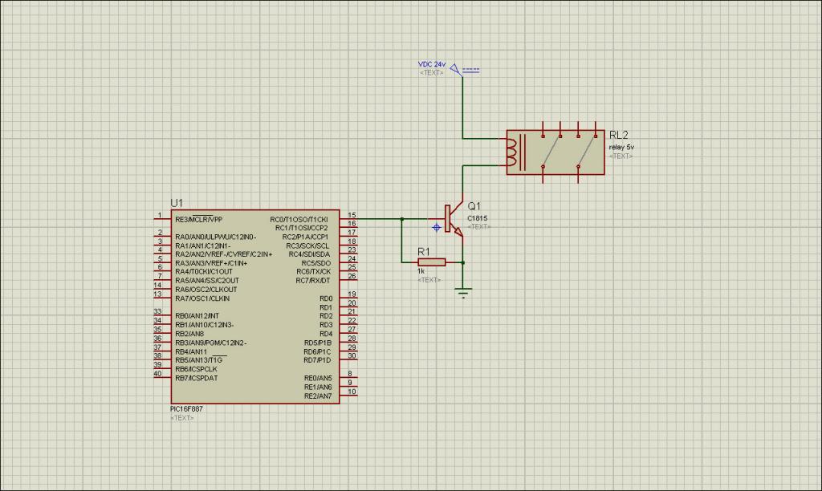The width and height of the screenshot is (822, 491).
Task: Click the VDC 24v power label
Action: pos(432,64)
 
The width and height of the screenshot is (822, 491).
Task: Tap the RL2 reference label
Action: pos(619,135)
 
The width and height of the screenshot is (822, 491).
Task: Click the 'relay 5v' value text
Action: pos(621,147)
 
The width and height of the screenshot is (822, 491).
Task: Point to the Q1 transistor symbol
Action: pos(452,219)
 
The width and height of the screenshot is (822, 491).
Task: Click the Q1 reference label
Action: pos(474,206)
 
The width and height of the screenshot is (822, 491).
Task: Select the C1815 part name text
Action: pos(477,218)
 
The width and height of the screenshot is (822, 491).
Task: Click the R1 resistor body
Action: pos(431,262)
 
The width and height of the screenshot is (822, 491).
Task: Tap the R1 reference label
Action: pos(424,251)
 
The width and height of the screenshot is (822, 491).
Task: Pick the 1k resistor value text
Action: pos(421,271)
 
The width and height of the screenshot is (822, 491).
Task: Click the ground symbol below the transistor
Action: pos(463,292)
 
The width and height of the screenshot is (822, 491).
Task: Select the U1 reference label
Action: pos(177,203)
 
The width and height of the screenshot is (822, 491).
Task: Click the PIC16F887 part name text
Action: pos(188,409)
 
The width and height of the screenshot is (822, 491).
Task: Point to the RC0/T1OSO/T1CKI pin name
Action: pos(299,219)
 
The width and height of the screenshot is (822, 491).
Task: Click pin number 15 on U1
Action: pos(352,214)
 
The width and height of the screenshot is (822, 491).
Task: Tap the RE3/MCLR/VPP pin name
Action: pos(198,219)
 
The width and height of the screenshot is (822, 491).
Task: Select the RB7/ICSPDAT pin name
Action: pos(197,378)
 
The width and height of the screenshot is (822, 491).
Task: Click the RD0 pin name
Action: pos(325,298)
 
